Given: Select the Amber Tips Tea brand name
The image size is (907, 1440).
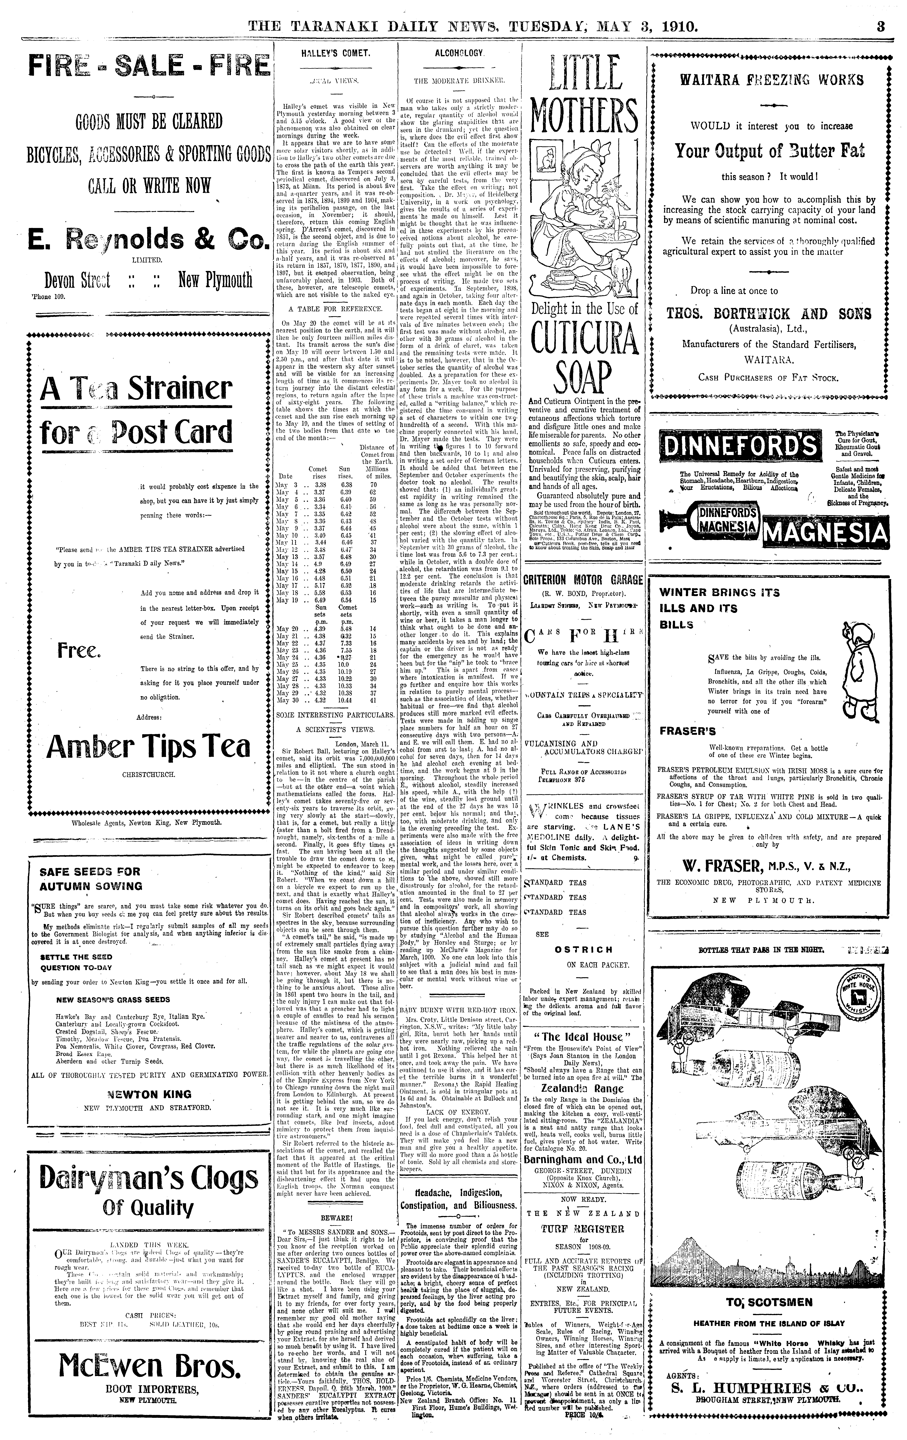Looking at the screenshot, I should (x=148, y=746).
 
